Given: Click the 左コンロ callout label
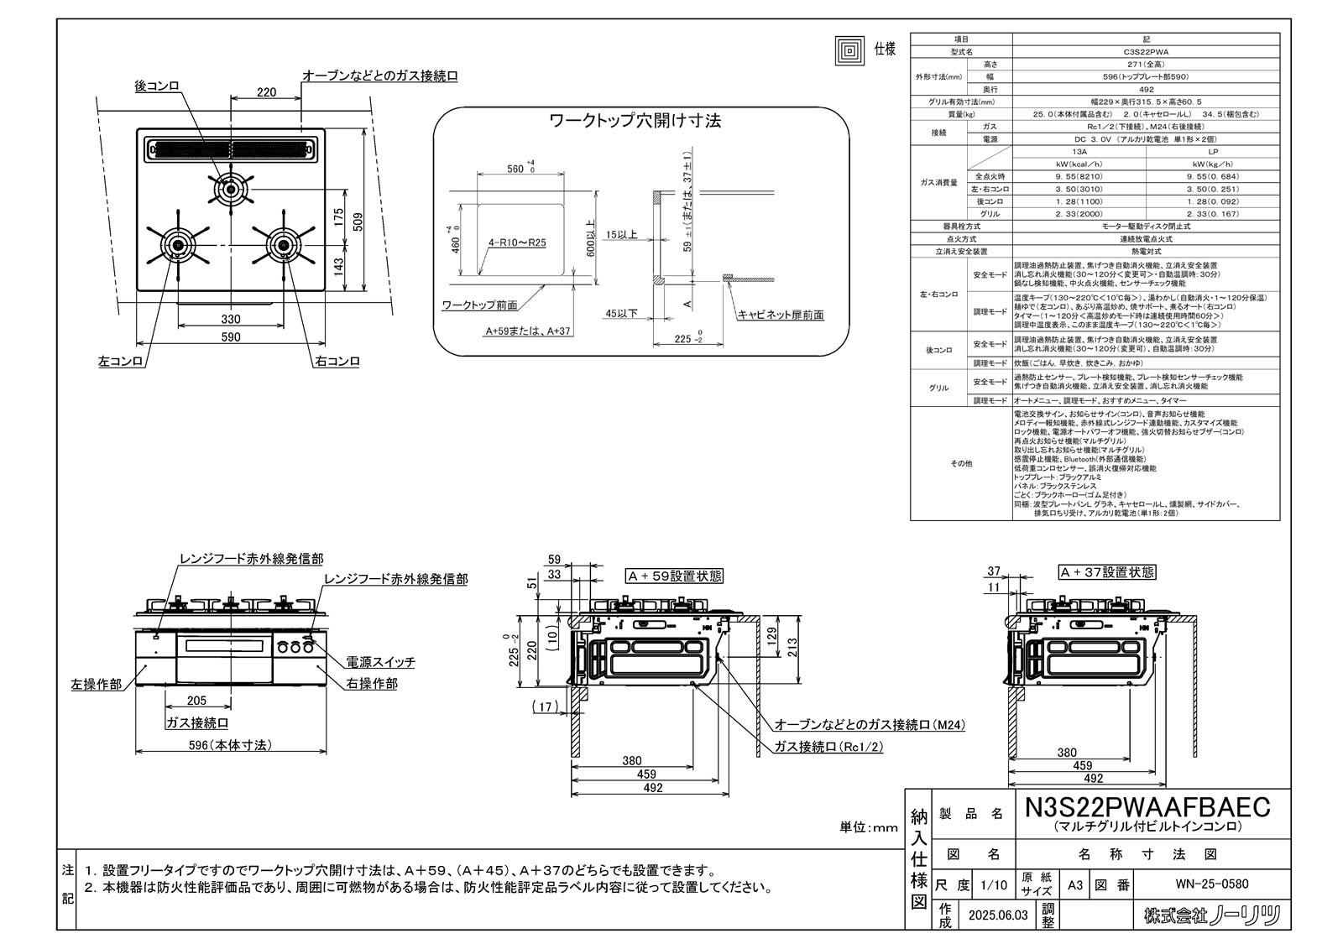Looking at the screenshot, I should [120, 362].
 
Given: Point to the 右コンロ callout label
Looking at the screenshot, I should [337, 362].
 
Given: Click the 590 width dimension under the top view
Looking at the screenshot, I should [231, 337].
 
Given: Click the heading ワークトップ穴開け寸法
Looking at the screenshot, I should [635, 121].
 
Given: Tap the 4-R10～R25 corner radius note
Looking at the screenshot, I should [518, 244].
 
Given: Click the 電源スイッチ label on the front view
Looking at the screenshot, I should [381, 662].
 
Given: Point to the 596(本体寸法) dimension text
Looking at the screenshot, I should [230, 744].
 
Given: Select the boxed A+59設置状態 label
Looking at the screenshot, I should [674, 576].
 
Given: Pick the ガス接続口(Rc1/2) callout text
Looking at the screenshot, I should [828, 746].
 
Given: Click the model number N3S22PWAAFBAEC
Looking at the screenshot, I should [1147, 807].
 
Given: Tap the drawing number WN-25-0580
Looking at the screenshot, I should [1214, 884].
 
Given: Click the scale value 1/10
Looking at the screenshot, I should [994, 884].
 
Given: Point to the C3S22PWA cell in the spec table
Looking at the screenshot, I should [1146, 51].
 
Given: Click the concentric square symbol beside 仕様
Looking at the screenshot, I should [849, 50].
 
